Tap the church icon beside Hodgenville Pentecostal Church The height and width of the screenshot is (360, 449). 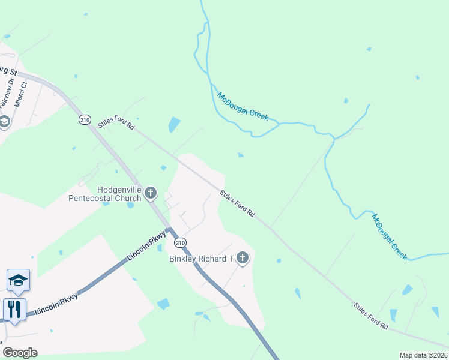150,193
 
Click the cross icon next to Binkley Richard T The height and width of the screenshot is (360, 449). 243,259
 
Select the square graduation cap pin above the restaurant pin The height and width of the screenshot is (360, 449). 18,280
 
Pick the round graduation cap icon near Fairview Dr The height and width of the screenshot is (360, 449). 4,122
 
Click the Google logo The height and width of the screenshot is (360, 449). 20,353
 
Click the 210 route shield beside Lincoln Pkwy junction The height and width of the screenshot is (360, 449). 180,243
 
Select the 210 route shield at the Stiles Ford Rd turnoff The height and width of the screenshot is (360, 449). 85,120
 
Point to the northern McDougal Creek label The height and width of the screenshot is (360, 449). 243,107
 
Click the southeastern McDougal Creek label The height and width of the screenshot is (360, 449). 390,236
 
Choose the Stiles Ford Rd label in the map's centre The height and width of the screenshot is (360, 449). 238,204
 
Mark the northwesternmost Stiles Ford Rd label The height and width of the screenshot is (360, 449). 116,124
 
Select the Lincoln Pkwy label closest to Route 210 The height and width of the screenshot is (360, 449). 146,248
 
